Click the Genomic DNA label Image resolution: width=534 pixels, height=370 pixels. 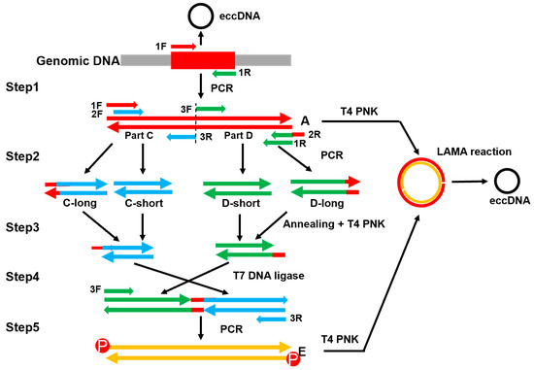pyautogui.click(x=62, y=60)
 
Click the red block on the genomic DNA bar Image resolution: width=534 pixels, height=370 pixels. pyautogui.click(x=203, y=60)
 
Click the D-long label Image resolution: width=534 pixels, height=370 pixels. pyautogui.click(x=324, y=205)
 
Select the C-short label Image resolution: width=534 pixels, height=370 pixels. pyautogui.click(x=142, y=205)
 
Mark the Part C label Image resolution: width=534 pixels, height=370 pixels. pyautogui.click(x=141, y=135)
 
